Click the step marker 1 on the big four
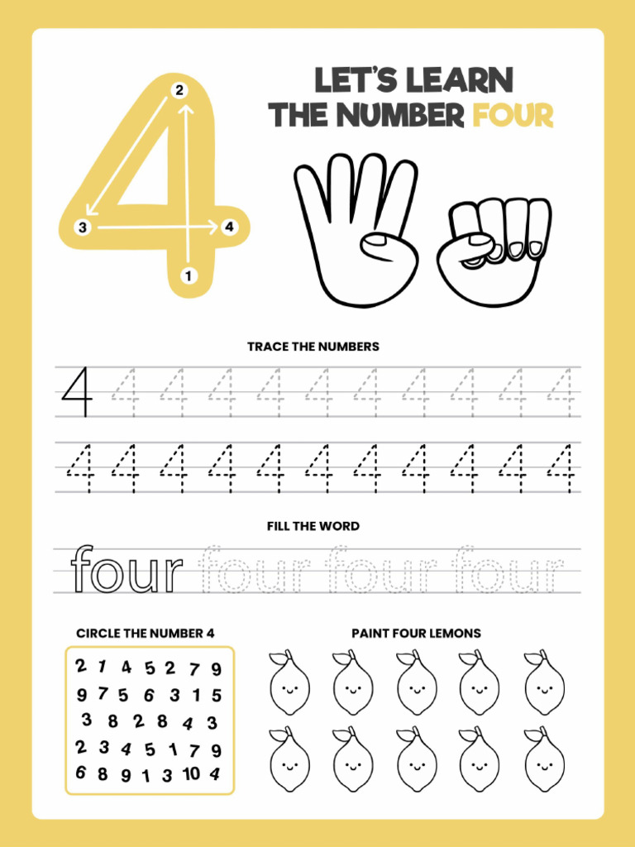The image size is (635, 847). (189, 275)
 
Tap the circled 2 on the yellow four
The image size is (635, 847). (179, 90)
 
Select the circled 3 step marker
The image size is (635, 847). (82, 227)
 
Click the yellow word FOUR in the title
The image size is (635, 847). (513, 116)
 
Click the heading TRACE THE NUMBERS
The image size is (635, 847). (313, 347)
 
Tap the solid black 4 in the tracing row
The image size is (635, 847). (76, 392)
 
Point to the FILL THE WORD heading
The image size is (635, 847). (313, 526)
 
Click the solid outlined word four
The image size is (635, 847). (127, 569)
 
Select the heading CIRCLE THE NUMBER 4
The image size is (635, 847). (146, 633)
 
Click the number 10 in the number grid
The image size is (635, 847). (191, 773)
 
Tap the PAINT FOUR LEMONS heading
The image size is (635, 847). (416, 633)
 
